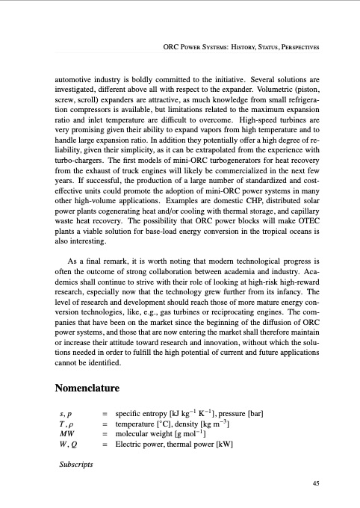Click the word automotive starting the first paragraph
pos(78,76)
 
